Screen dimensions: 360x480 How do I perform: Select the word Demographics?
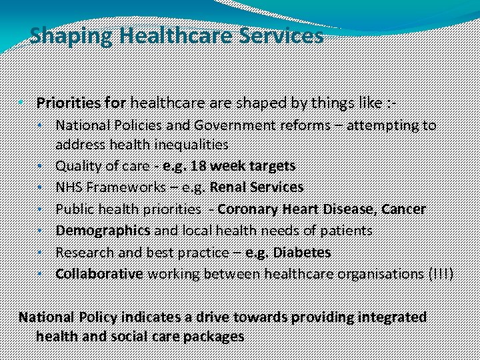point(103,230)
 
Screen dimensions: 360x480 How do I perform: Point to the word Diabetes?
point(302,252)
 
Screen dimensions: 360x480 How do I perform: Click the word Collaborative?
point(99,273)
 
